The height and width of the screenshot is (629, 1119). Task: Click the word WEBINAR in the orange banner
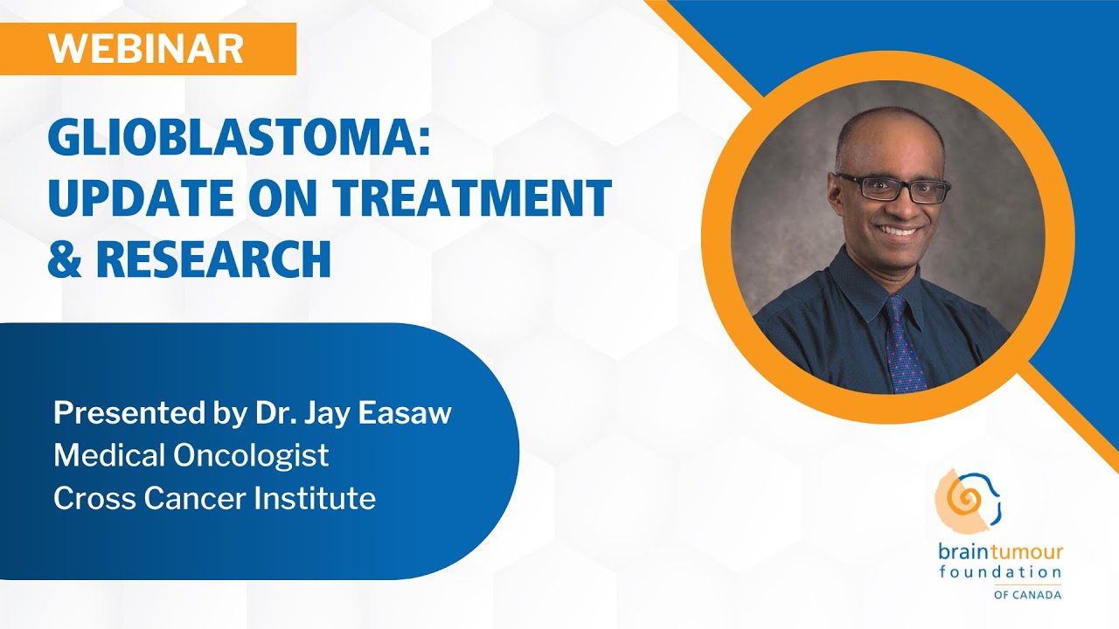coord(146,48)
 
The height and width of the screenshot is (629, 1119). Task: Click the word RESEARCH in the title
coord(213,259)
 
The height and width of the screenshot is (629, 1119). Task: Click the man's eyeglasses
coord(892,187)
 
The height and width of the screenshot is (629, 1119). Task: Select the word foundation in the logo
coord(1000,572)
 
